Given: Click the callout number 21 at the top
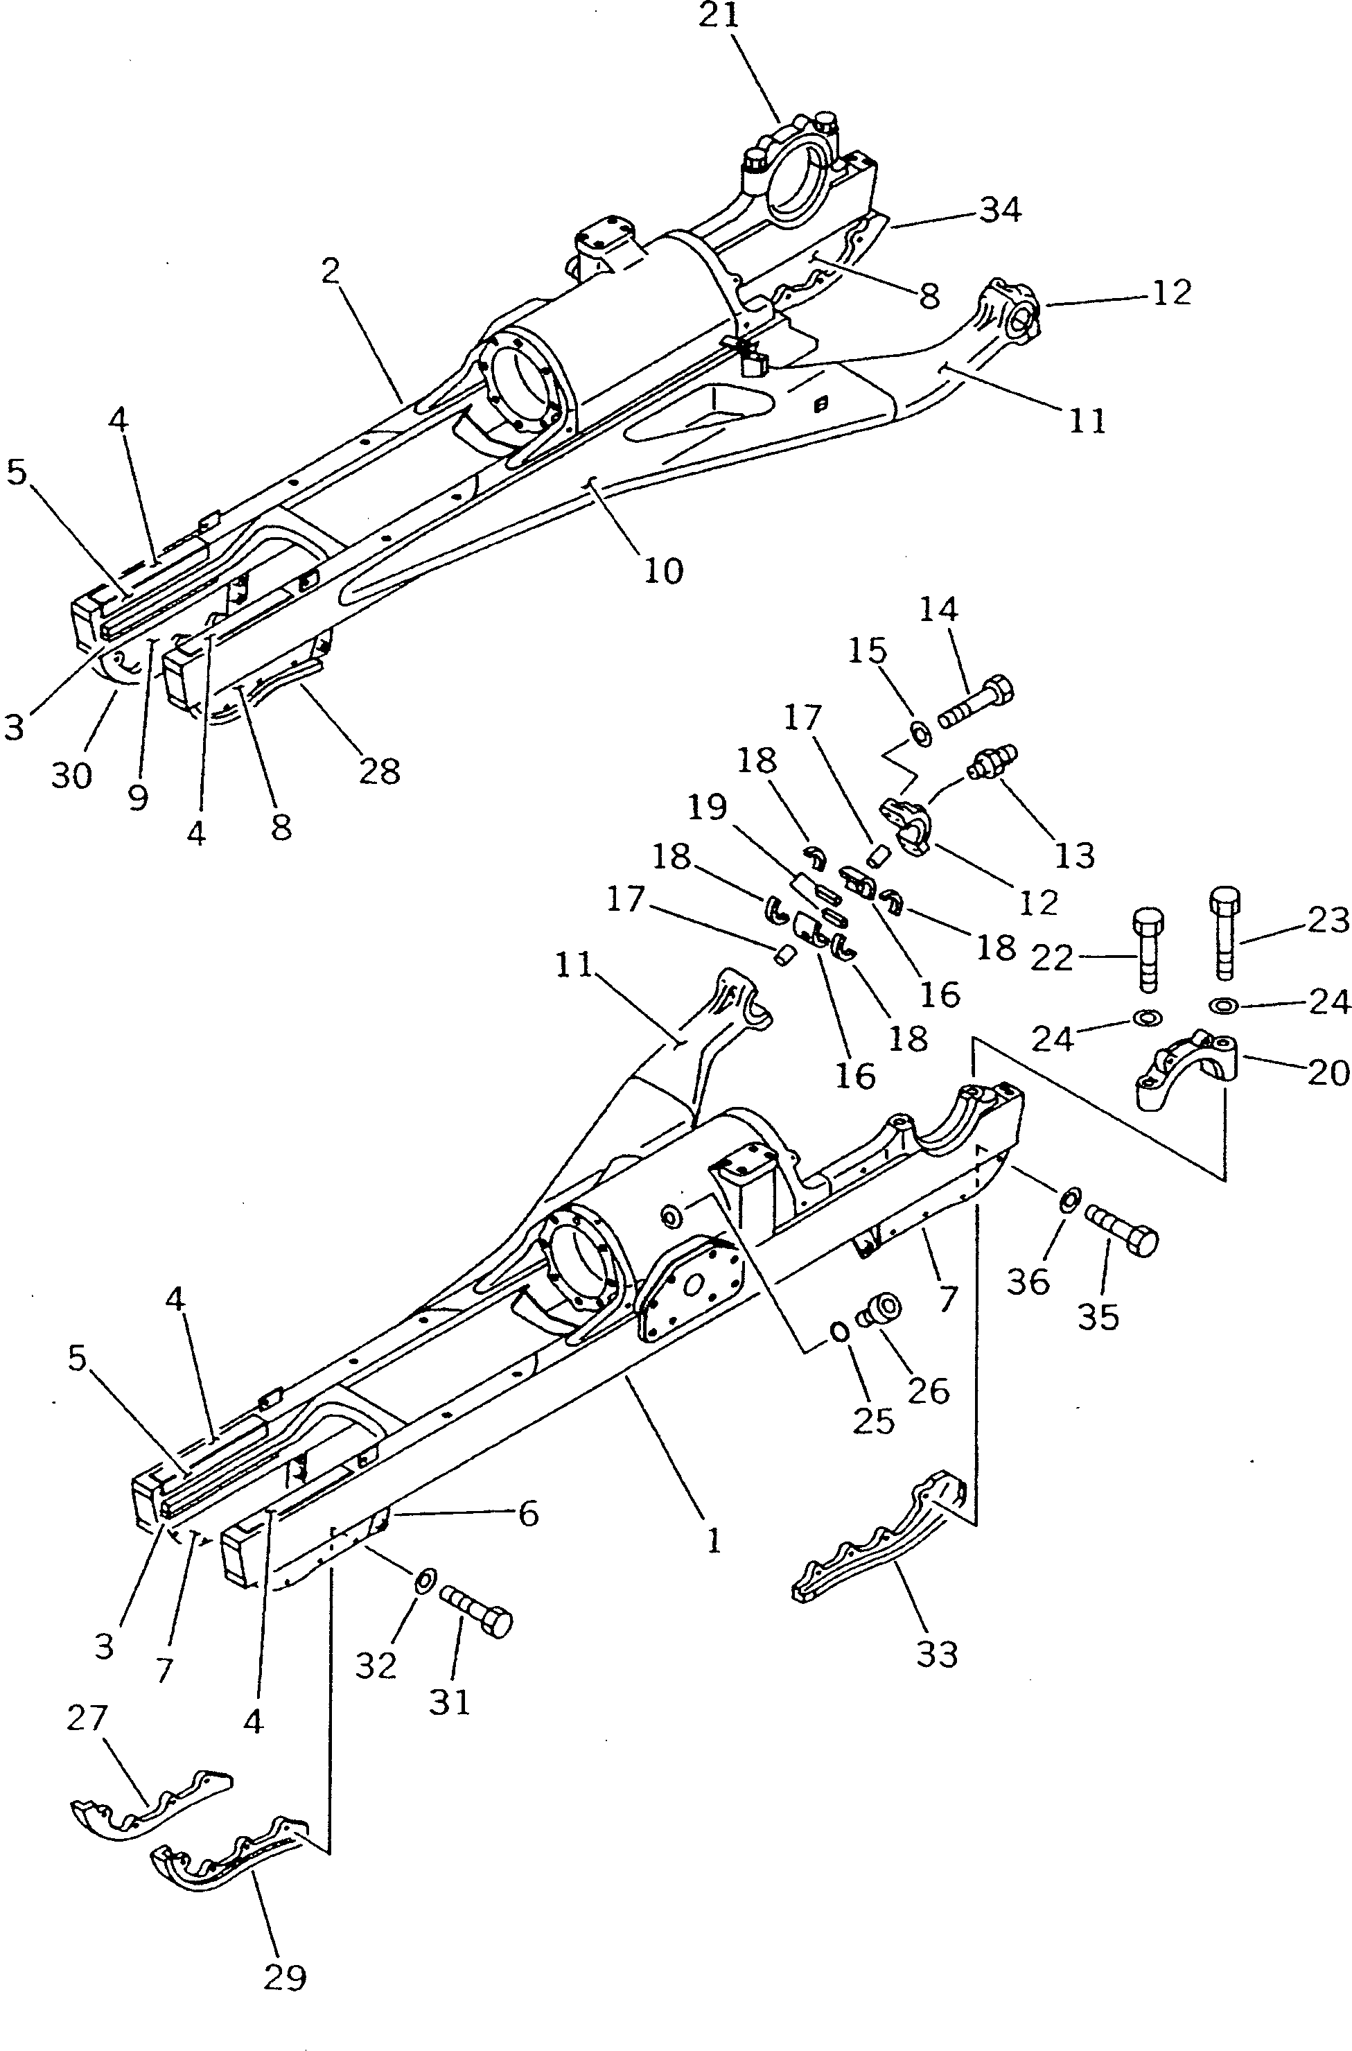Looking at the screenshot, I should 719,17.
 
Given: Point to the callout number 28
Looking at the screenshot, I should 378,770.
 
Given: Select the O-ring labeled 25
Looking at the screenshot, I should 839,1332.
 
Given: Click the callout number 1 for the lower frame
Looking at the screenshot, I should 712,1540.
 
